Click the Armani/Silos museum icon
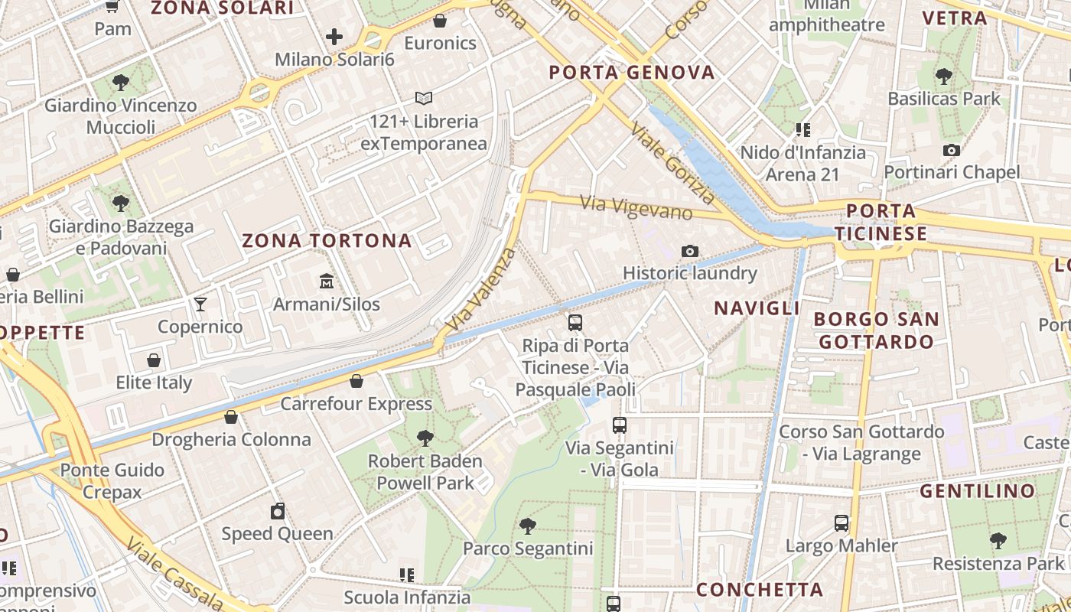327,281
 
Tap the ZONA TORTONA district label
327,241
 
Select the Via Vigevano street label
636,207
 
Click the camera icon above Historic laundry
689,251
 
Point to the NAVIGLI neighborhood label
757,308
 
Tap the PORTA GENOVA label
632,73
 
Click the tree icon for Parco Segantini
527,526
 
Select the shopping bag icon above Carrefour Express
356,380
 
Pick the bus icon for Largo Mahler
841,523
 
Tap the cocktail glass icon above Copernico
200,304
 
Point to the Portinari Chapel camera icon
952,150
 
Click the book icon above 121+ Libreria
424,99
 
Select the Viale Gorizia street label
673,164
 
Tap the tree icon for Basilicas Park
944,76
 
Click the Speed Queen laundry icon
278,511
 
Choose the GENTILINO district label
977,491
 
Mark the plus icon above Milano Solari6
334,36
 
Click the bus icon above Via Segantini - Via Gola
620,425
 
